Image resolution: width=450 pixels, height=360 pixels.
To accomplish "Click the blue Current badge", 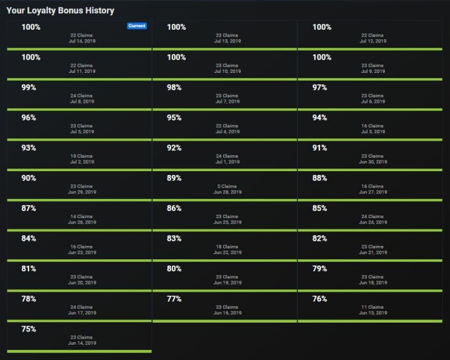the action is point(137,26).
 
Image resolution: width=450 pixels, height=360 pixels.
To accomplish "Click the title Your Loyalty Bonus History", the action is point(60,11).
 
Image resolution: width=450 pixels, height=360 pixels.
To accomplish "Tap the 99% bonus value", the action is point(29,87).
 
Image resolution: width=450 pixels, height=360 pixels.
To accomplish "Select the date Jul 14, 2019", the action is point(82,41).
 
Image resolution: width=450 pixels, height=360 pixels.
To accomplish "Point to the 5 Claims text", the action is point(227,186).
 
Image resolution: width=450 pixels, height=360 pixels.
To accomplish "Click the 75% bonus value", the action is point(29,329).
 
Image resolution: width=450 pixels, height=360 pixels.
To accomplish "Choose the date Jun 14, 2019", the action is point(82,343).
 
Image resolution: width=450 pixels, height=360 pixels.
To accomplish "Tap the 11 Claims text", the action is point(373,307).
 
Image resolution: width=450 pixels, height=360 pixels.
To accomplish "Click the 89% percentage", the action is point(174,178).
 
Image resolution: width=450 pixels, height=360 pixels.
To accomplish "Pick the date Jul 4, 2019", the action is point(228,132).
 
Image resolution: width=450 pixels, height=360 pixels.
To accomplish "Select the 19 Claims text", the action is point(82,156).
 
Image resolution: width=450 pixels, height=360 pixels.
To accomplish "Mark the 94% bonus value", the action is point(319,118).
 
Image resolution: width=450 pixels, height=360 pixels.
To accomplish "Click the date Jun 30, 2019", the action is point(373,162).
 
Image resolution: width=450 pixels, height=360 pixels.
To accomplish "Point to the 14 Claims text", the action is point(82,217).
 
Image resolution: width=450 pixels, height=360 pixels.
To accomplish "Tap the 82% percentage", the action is point(319,238).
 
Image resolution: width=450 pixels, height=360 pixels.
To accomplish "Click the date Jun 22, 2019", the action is point(228,253).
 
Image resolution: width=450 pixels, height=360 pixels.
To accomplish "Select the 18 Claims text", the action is point(227,247).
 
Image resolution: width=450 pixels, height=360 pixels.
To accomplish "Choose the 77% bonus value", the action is point(174,299).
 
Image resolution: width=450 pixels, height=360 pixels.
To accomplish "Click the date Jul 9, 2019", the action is point(373,71).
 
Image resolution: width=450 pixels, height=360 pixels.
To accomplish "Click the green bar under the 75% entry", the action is point(79,351).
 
